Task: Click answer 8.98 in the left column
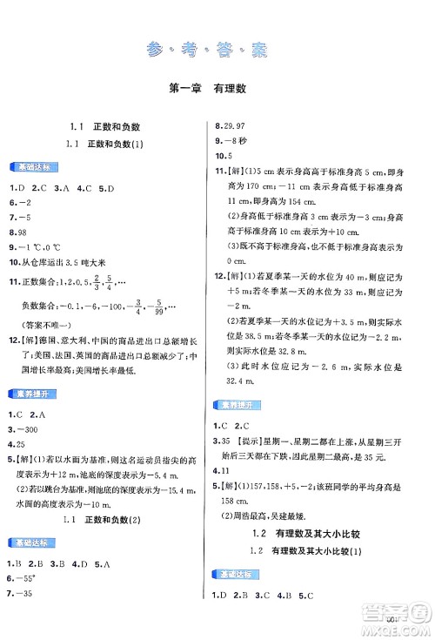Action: pos(17,233)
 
